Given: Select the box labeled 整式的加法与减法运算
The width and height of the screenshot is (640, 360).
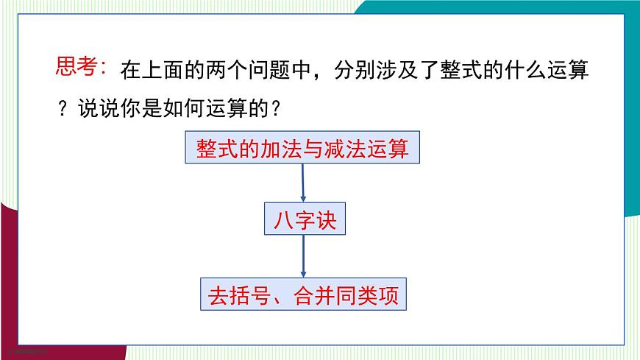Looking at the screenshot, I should (x=302, y=149).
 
